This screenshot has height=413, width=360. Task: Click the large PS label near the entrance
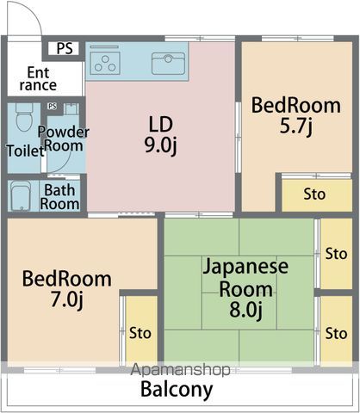click(x=65, y=48)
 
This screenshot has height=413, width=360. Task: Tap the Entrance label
click(x=38, y=79)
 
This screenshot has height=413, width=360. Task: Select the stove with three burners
click(x=105, y=63)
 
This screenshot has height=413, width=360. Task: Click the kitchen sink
click(x=168, y=64)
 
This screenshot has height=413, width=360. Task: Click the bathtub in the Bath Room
click(x=21, y=196)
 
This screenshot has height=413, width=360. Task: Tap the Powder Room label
click(x=64, y=139)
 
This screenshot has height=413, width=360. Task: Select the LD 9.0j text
click(x=161, y=135)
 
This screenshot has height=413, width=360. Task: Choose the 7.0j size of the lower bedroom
click(x=67, y=299)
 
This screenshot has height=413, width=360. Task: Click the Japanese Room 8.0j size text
click(x=245, y=310)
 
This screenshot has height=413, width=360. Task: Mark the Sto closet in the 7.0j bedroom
click(x=141, y=329)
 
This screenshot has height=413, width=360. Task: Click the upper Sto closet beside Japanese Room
click(x=336, y=254)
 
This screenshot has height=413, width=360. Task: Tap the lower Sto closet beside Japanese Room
click(x=336, y=329)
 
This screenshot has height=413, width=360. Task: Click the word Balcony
click(x=177, y=389)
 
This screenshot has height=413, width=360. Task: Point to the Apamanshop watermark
click(x=180, y=370)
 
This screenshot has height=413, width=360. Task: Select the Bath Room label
click(x=59, y=197)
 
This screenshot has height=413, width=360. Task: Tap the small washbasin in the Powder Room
click(x=71, y=109)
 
